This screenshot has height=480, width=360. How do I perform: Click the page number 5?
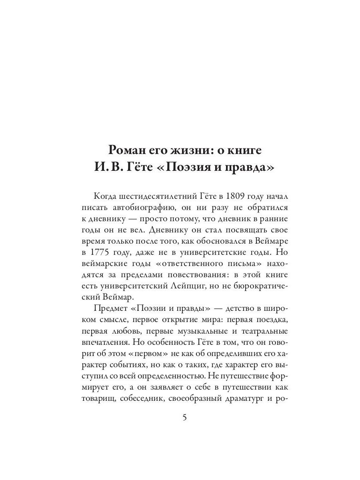[184, 418]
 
